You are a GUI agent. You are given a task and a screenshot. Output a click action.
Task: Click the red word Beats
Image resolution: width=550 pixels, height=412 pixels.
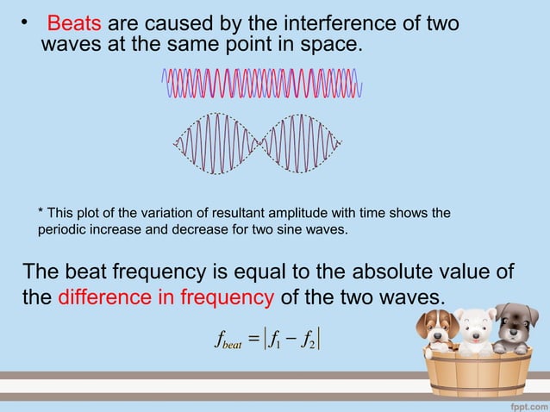[74, 21]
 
